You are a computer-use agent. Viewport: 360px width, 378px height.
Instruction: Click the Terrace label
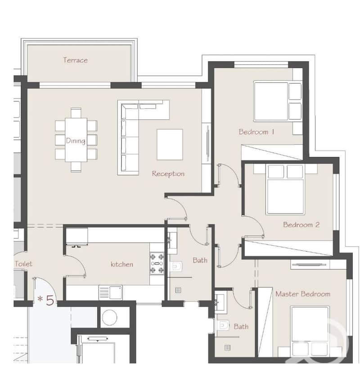(75, 60)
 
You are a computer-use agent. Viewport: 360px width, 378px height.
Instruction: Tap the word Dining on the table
(76, 141)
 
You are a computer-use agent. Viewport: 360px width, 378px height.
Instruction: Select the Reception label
(168, 173)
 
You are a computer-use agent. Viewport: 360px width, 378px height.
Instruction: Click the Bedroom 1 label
(256, 132)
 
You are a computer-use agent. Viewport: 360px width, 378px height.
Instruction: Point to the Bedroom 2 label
(301, 225)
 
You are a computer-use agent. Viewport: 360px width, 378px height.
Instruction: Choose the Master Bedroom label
(303, 294)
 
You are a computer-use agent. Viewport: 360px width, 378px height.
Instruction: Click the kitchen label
(122, 264)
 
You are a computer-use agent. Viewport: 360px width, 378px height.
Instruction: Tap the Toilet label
(23, 264)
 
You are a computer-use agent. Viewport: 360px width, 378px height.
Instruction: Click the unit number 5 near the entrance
(49, 300)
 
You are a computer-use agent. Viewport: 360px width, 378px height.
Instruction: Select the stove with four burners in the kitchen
(157, 263)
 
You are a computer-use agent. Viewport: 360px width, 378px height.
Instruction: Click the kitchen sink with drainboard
(111, 292)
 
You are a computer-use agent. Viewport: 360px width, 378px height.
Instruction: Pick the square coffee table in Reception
(170, 145)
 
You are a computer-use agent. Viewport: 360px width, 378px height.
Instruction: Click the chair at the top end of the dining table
(76, 113)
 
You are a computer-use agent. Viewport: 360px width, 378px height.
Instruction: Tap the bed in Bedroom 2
(285, 189)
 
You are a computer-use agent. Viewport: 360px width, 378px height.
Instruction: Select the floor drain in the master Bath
(227, 348)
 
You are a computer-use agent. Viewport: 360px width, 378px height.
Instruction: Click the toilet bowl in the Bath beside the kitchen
(176, 266)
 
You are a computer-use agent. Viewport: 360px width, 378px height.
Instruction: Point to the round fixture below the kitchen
(109, 317)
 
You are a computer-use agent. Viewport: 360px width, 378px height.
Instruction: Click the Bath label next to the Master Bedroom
(241, 326)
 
